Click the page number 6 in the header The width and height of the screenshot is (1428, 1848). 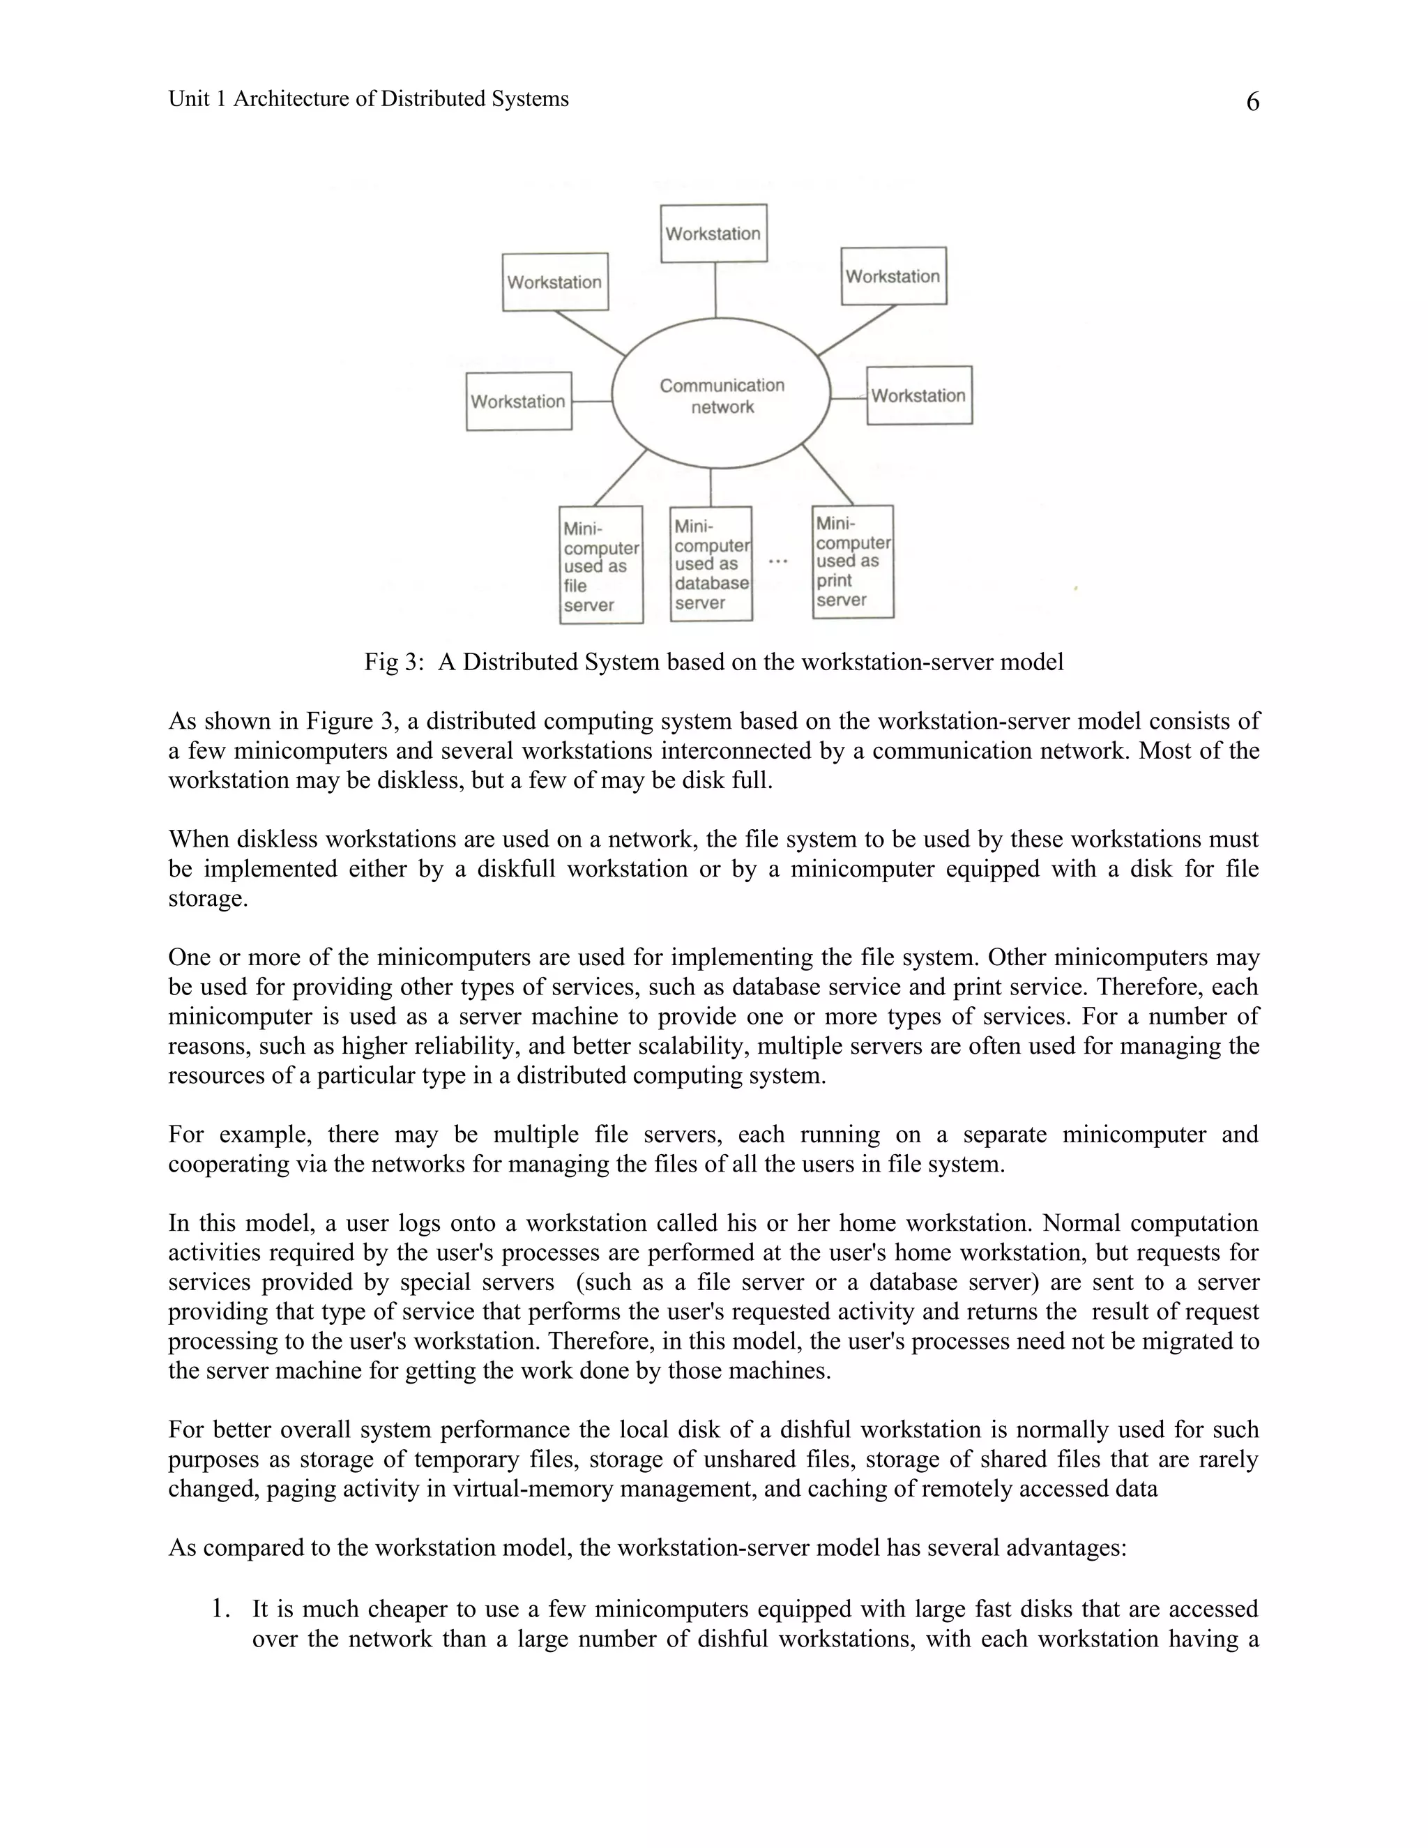1252,103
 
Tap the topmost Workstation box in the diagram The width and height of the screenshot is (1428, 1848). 713,234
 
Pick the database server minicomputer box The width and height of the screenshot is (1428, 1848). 711,564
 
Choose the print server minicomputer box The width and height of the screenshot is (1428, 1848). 852,562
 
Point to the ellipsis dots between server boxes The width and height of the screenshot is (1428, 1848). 778,561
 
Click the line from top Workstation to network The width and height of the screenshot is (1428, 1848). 715,290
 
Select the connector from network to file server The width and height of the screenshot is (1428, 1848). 620,478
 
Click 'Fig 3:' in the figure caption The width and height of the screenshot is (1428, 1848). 393,662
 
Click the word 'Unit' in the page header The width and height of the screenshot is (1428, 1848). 188,99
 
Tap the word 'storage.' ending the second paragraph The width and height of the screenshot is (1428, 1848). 208,899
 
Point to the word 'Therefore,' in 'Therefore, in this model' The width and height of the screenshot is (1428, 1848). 598,1341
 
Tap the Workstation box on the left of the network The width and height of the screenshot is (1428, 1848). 519,401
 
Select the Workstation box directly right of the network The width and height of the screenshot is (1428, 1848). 919,395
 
